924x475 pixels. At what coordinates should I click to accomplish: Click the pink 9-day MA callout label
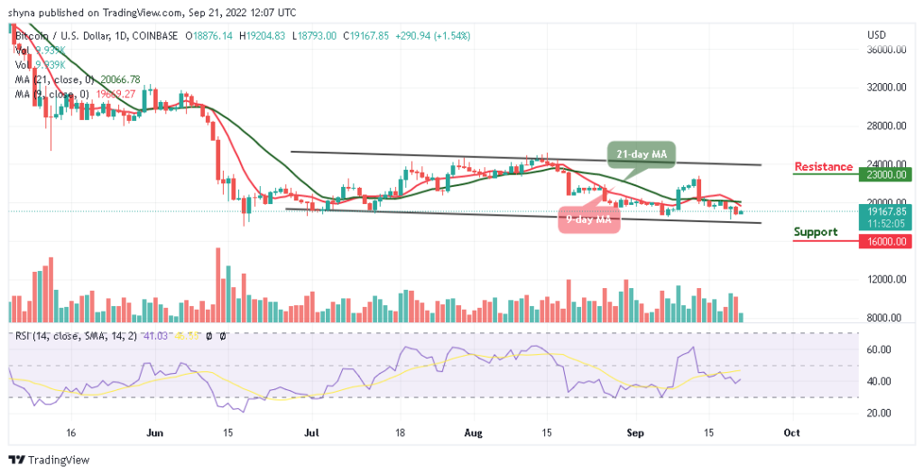589,219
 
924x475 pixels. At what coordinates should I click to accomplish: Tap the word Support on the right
816,232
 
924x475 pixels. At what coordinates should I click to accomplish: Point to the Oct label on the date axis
791,433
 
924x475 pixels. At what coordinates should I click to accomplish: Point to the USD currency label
876,35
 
